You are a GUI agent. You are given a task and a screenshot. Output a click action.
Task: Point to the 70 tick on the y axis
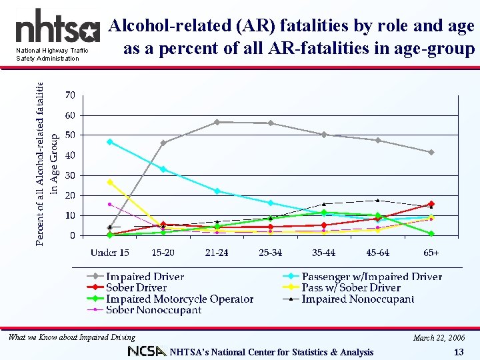70,95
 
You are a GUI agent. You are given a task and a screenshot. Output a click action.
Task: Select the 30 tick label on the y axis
70,175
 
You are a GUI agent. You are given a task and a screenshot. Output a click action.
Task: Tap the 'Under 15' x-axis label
110,253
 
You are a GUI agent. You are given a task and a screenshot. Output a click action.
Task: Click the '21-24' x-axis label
217,253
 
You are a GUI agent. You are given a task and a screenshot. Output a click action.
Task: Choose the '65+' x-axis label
431,253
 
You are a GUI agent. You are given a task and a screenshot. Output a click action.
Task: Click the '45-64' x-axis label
378,253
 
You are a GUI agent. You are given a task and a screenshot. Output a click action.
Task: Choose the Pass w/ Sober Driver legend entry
351,288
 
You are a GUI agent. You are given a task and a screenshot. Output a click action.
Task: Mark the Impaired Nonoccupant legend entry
357,299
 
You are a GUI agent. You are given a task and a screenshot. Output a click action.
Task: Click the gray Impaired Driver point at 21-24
217,122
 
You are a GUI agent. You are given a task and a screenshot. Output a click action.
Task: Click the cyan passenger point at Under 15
110,142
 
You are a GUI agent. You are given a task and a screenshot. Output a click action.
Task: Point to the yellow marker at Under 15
110,182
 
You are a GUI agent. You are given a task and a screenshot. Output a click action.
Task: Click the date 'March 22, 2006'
438,337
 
